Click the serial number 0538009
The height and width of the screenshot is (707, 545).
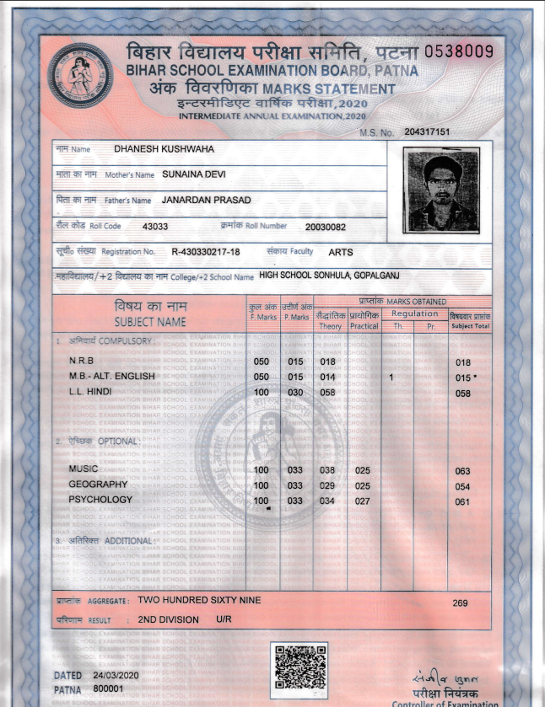458,51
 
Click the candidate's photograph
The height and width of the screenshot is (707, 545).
441,190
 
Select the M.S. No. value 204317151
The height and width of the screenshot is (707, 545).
427,132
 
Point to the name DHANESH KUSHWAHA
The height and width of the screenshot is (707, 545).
164,149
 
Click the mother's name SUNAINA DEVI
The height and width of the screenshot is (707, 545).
193,174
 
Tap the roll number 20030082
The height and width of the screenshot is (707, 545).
326,227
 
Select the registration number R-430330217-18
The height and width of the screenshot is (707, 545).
206,251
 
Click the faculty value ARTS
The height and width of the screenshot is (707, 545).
341,251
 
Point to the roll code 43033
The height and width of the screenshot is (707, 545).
156,227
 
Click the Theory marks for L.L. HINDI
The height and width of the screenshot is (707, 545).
328,393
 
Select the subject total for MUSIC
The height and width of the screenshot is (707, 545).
461,470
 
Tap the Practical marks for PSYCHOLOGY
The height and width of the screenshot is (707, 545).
363,501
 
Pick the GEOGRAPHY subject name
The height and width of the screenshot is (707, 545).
98,485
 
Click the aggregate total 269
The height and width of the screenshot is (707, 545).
460,603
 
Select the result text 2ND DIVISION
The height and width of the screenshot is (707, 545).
169,619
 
